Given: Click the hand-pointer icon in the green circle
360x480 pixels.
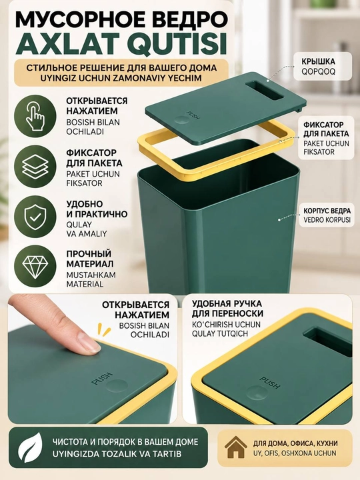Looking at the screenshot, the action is click(x=35, y=116).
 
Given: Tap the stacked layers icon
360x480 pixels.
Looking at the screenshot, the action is click(x=35, y=167).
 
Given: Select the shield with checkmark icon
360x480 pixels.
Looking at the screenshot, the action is click(x=35, y=217).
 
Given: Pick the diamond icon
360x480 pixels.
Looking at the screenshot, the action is click(x=35, y=265).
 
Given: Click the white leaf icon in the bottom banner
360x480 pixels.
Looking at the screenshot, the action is click(x=30, y=449).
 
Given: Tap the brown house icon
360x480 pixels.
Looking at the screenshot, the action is click(x=235, y=447).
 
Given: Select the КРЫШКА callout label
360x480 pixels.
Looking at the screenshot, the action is click(x=319, y=61).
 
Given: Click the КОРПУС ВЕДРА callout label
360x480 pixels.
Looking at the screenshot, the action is click(x=327, y=211).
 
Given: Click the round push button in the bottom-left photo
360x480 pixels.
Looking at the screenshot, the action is click(x=116, y=385).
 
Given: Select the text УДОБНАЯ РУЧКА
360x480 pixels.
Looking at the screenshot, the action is click(x=227, y=304).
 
